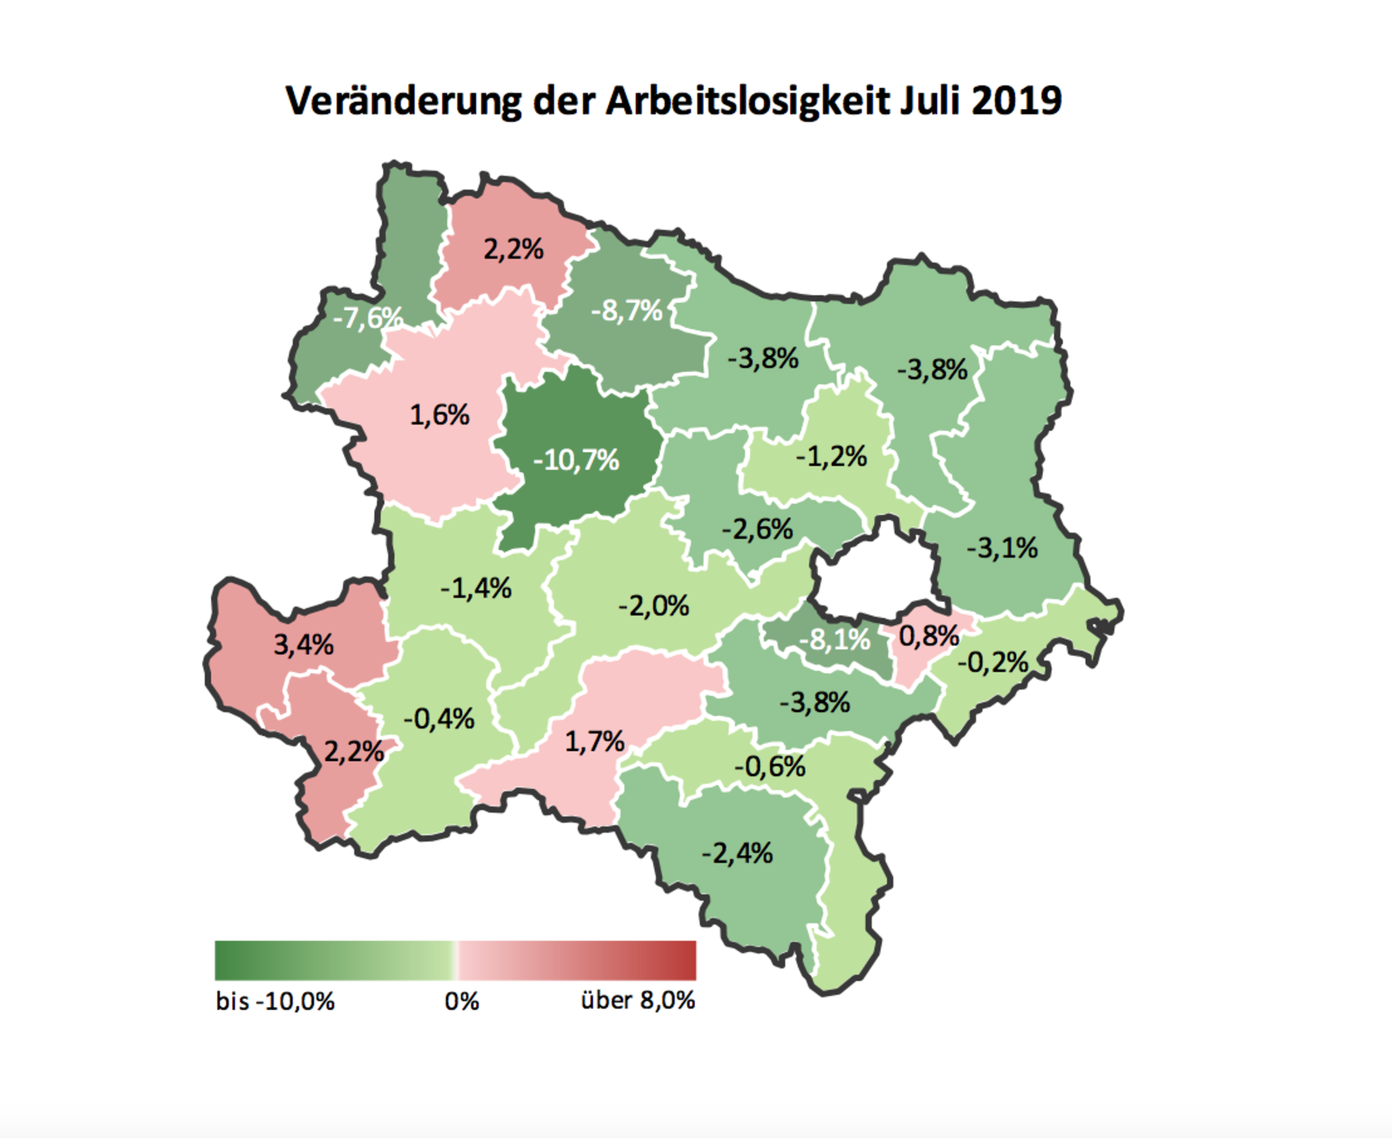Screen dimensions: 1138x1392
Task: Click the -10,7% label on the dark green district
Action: (x=576, y=461)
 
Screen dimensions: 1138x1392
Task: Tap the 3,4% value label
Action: (x=303, y=644)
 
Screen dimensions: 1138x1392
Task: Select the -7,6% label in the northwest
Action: (x=367, y=317)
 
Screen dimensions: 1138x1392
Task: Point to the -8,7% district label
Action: (x=626, y=311)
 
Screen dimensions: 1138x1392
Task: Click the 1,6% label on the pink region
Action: (x=439, y=414)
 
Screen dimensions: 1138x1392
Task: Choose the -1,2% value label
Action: (x=831, y=457)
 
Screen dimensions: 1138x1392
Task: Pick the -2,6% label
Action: (x=756, y=529)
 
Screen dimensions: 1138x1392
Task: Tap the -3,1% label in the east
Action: (x=1002, y=548)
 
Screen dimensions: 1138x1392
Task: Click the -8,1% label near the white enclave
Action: (x=834, y=639)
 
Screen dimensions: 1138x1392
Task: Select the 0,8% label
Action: (x=928, y=636)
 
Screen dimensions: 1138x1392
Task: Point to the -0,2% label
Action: (x=992, y=662)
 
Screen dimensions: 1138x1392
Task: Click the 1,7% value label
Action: (x=594, y=741)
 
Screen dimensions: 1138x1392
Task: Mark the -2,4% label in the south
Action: (x=737, y=853)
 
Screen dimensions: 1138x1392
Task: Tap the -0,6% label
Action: (x=769, y=767)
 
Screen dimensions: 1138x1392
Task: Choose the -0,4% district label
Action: (x=438, y=719)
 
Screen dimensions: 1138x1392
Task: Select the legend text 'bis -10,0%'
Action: (x=275, y=1001)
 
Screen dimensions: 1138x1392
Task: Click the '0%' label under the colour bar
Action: (x=462, y=1001)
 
